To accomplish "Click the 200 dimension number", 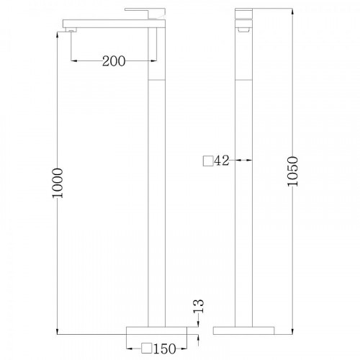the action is (x=114, y=61).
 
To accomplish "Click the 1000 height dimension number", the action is (x=58, y=183).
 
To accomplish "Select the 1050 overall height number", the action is (x=292, y=171).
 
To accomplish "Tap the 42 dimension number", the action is (x=222, y=161).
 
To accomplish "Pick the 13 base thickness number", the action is (x=199, y=306).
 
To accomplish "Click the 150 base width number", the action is (x=165, y=348).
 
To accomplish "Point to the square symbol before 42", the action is (x=208, y=161).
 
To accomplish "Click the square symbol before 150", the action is (x=146, y=348).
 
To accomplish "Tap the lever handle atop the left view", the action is (x=145, y=12).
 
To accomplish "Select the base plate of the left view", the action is (x=156, y=330).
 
